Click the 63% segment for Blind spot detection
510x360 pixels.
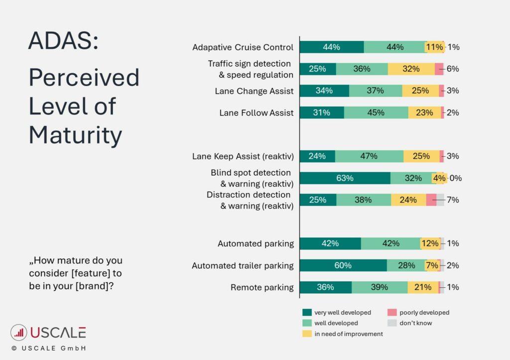point(345,178)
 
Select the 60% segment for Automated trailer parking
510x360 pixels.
point(343,265)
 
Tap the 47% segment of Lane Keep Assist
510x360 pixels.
point(369,156)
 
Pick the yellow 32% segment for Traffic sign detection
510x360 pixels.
point(411,69)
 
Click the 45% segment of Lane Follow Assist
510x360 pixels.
point(376,113)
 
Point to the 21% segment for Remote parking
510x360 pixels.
point(423,287)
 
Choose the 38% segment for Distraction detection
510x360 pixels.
point(364,200)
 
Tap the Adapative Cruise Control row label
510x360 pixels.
point(243,48)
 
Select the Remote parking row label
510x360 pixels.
point(262,287)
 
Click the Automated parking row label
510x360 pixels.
point(255,244)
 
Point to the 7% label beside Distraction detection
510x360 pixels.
point(453,200)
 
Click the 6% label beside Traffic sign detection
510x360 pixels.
point(453,69)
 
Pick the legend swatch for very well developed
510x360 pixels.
point(307,313)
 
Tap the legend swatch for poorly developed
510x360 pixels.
point(392,313)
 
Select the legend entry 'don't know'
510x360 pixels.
point(415,323)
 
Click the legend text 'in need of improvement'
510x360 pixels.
point(349,334)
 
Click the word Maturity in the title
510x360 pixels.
point(75,135)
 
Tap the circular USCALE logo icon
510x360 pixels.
point(19,333)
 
